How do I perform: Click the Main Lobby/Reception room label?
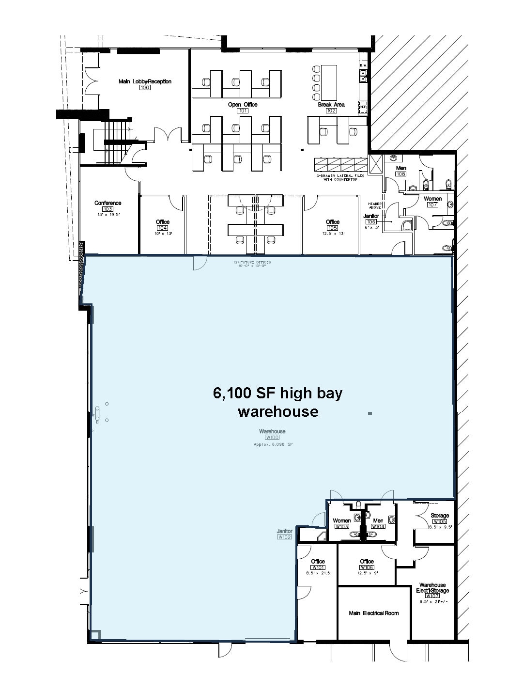[x=145, y=81]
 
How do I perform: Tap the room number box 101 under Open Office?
[x=243, y=111]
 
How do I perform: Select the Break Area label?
[x=331, y=105]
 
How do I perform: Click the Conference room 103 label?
[x=108, y=203]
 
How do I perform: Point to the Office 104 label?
[x=162, y=222]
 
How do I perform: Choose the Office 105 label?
[x=332, y=222]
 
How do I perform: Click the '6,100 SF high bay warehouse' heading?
[x=277, y=402]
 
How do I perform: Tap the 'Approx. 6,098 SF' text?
[x=274, y=444]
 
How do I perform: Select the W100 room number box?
[x=272, y=437]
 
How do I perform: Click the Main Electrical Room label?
[x=373, y=613]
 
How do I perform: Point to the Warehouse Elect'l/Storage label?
[x=432, y=588]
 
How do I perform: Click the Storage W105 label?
[x=440, y=516]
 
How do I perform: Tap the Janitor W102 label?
[x=284, y=532]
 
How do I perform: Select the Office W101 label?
[x=318, y=562]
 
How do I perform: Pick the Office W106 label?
[x=367, y=562]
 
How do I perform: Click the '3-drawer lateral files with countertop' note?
[x=340, y=178]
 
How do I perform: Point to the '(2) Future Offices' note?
[x=252, y=262]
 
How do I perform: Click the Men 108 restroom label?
[x=401, y=168]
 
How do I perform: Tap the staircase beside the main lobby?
[x=115, y=142]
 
